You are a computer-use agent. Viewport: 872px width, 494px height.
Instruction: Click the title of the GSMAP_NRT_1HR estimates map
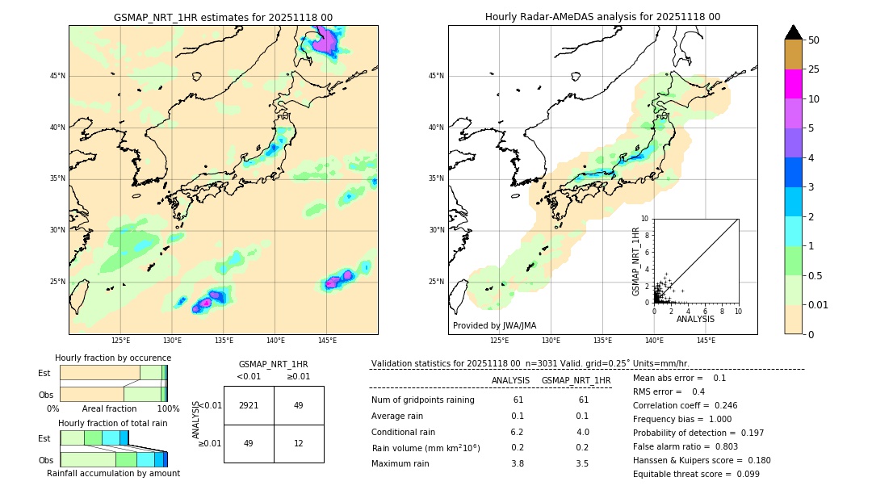point(223,17)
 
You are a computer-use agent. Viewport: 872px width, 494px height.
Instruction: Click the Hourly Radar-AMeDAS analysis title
point(602,17)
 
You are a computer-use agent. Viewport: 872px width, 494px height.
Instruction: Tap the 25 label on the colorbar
point(814,69)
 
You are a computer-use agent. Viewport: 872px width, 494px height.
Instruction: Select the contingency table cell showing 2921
point(249,405)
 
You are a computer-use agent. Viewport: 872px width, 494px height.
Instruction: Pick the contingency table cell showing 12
point(298,443)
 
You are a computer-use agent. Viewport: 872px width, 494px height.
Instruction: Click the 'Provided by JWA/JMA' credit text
point(494,326)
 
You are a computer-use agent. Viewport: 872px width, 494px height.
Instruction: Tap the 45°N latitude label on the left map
point(57,76)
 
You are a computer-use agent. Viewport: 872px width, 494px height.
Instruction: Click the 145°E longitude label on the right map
point(706,341)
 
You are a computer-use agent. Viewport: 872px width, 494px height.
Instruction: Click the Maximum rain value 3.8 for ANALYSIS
point(518,463)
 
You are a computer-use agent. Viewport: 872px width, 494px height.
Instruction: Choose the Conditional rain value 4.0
point(582,432)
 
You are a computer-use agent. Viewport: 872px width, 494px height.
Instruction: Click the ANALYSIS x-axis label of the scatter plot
point(695,319)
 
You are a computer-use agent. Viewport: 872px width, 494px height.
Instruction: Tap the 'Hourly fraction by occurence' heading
point(113,358)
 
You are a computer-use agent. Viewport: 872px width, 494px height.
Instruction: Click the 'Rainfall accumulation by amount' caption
point(113,473)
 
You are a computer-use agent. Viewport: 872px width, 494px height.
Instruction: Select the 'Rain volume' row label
point(426,448)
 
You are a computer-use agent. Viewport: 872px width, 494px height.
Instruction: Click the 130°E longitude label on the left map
point(172,341)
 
